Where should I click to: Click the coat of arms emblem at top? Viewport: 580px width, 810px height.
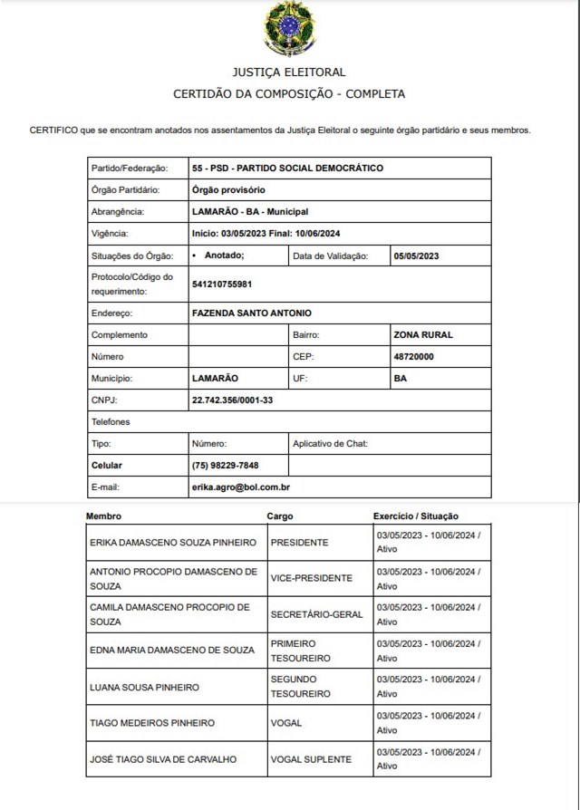click(x=289, y=29)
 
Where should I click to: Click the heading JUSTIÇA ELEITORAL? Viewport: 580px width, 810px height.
click(x=289, y=72)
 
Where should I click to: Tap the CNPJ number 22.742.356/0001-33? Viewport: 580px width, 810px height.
click(x=233, y=400)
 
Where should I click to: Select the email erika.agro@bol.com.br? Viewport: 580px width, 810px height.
click(x=241, y=487)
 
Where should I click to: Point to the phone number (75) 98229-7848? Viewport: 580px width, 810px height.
click(x=226, y=466)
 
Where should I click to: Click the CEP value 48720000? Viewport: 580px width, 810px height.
click(x=414, y=356)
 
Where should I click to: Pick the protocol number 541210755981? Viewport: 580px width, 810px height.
click(x=222, y=284)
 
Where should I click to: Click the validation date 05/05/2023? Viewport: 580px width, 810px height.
click(x=416, y=256)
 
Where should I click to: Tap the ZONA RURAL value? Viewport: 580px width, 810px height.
click(x=423, y=334)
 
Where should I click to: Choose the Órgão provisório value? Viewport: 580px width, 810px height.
click(x=229, y=190)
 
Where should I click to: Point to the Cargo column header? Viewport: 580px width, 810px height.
click(x=280, y=516)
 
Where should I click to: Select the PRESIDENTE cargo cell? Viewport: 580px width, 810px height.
click(x=299, y=542)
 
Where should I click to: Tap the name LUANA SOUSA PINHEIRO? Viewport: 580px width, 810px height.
click(x=144, y=687)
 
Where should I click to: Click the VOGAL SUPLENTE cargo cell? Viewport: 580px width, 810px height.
click(x=310, y=758)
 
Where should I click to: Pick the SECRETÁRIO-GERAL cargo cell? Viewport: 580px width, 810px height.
click(x=316, y=614)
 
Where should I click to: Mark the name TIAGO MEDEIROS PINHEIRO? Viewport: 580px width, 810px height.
click(x=152, y=722)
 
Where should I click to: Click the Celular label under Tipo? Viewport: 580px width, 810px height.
click(x=107, y=466)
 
